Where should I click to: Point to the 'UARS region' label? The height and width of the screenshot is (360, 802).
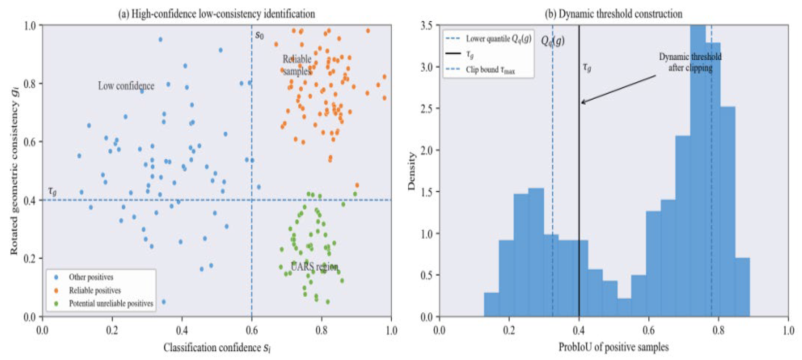314,267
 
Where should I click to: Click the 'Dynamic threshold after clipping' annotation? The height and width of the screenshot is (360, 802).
690,62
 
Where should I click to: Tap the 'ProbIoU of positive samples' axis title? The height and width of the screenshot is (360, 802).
613,347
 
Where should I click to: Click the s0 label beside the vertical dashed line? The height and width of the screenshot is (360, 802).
259,35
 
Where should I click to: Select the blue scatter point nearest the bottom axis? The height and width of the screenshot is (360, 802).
164,302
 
